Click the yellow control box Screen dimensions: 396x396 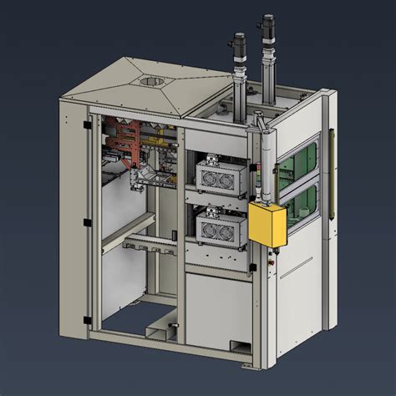(267, 223)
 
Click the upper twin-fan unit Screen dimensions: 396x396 (216, 175)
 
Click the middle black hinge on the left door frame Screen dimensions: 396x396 (86, 223)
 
